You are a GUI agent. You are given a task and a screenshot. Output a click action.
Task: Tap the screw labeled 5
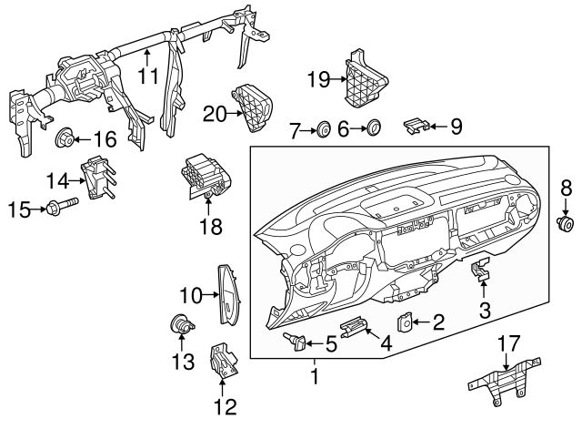pyautogui.click(x=296, y=342)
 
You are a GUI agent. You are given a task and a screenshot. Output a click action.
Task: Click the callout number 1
pyautogui.click(x=316, y=374)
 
